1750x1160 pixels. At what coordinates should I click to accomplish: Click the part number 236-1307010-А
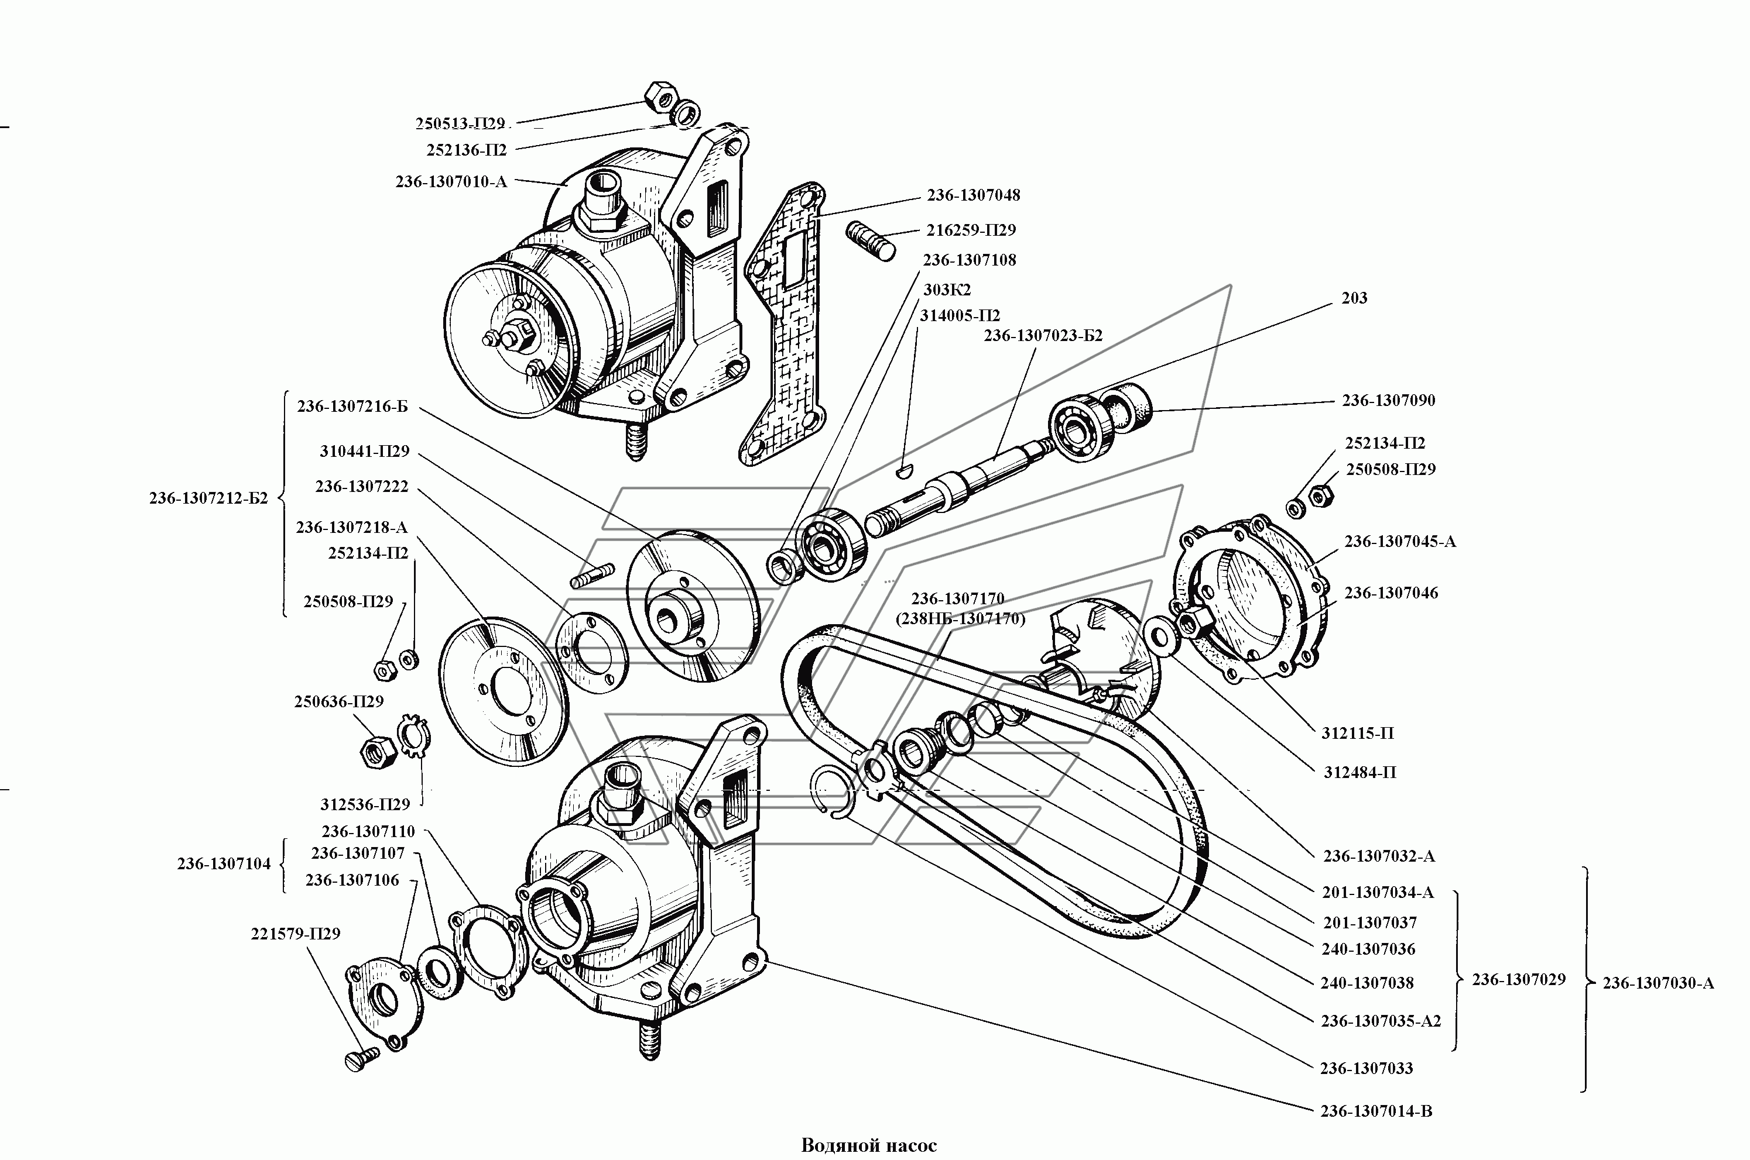[x=451, y=182]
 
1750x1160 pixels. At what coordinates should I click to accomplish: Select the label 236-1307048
[x=972, y=195]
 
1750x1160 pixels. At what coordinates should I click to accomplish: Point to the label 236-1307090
[x=1388, y=401]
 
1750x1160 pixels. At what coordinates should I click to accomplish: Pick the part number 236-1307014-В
[x=1375, y=1132]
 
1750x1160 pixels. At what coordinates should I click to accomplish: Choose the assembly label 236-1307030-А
[x=1657, y=983]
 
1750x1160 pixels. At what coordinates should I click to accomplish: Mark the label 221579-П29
[x=294, y=934]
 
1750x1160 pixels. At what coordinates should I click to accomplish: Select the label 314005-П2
[x=960, y=316]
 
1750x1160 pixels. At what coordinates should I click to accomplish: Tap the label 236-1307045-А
[x=1399, y=542]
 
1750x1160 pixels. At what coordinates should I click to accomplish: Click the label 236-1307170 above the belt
[x=957, y=598]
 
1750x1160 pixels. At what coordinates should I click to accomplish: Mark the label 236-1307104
[x=224, y=863]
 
